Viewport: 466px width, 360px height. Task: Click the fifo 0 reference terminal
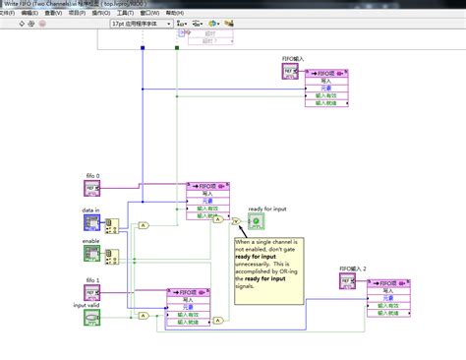click(x=91, y=189)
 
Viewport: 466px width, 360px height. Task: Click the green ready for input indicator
click(x=256, y=222)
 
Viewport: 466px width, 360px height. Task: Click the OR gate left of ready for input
click(x=237, y=222)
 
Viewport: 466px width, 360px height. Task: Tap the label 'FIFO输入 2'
click(x=352, y=269)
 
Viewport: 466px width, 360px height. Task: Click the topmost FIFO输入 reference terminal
click(x=290, y=73)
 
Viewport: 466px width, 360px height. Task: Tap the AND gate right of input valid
click(x=145, y=315)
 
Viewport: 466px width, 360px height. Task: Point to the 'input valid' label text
click(x=87, y=306)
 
